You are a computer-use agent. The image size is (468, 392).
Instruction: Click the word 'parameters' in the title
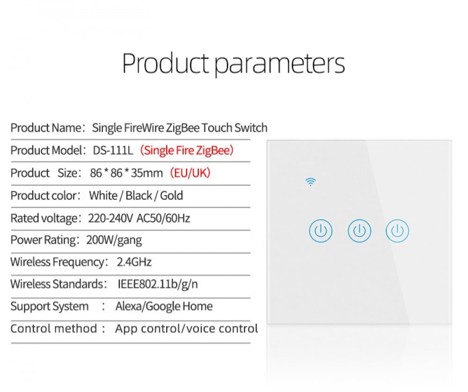(x=280, y=64)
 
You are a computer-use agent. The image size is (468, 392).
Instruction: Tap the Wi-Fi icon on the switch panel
(x=311, y=181)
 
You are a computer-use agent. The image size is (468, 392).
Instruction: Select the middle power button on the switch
(x=359, y=231)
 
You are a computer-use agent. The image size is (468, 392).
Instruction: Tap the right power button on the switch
(x=397, y=231)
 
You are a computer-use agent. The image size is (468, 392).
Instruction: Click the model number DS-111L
(x=113, y=150)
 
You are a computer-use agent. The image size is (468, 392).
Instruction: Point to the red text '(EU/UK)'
(x=190, y=173)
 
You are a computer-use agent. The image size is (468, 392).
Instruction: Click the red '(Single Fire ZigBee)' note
(x=187, y=150)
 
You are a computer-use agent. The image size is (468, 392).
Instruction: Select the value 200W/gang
(x=114, y=240)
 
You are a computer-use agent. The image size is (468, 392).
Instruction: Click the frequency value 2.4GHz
(x=134, y=262)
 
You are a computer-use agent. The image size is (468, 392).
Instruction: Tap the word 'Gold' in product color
(x=172, y=196)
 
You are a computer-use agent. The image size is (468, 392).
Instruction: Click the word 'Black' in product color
(x=139, y=196)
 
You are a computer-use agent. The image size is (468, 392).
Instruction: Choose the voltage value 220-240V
(x=110, y=218)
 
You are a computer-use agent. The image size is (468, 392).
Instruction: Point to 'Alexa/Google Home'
(x=164, y=306)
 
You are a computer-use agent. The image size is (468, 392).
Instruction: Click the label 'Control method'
(x=54, y=329)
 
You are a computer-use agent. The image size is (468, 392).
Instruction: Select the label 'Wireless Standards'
(x=57, y=284)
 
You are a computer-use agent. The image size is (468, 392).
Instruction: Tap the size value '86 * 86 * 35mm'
(x=126, y=173)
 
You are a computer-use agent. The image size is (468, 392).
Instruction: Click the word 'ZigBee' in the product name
(x=183, y=128)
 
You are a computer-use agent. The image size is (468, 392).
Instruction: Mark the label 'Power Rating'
(x=43, y=240)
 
